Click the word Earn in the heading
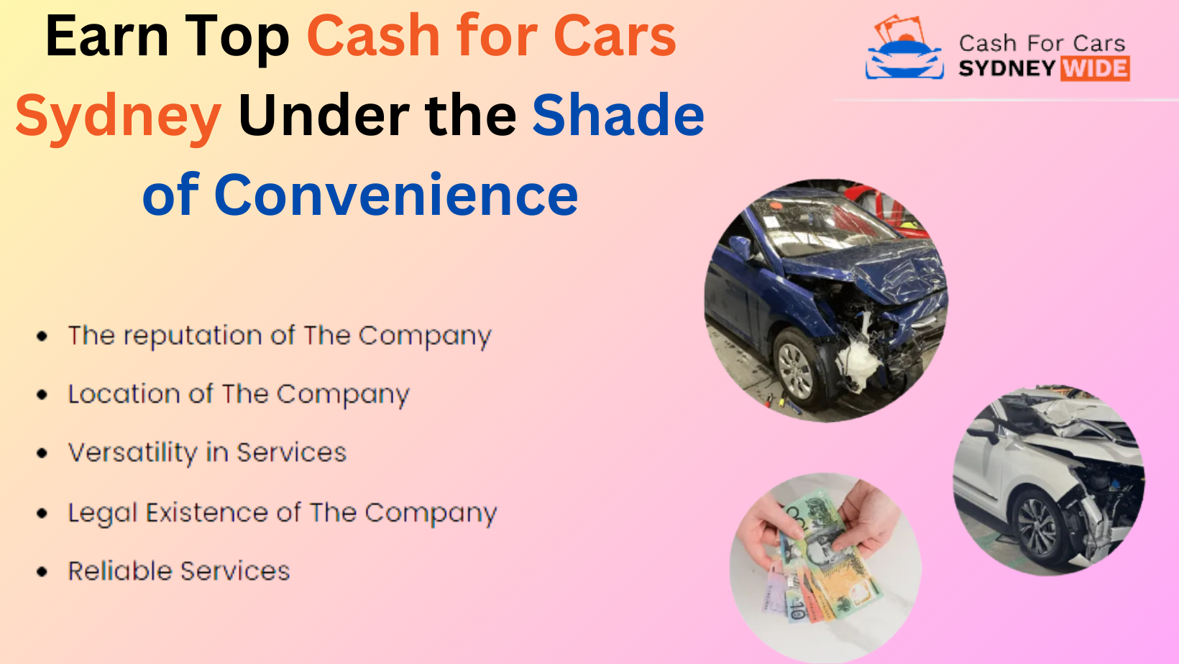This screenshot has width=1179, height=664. [x=107, y=37]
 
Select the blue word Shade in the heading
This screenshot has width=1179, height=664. [x=618, y=115]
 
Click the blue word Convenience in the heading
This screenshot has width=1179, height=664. [x=396, y=195]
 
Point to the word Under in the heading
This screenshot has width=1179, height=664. [x=324, y=115]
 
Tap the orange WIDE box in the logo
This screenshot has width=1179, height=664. [x=1095, y=69]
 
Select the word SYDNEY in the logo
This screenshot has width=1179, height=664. [x=1007, y=69]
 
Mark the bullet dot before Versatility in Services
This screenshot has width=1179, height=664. [x=42, y=453]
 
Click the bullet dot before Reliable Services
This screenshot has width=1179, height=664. [x=42, y=571]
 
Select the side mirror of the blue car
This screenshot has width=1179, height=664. [x=741, y=247]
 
